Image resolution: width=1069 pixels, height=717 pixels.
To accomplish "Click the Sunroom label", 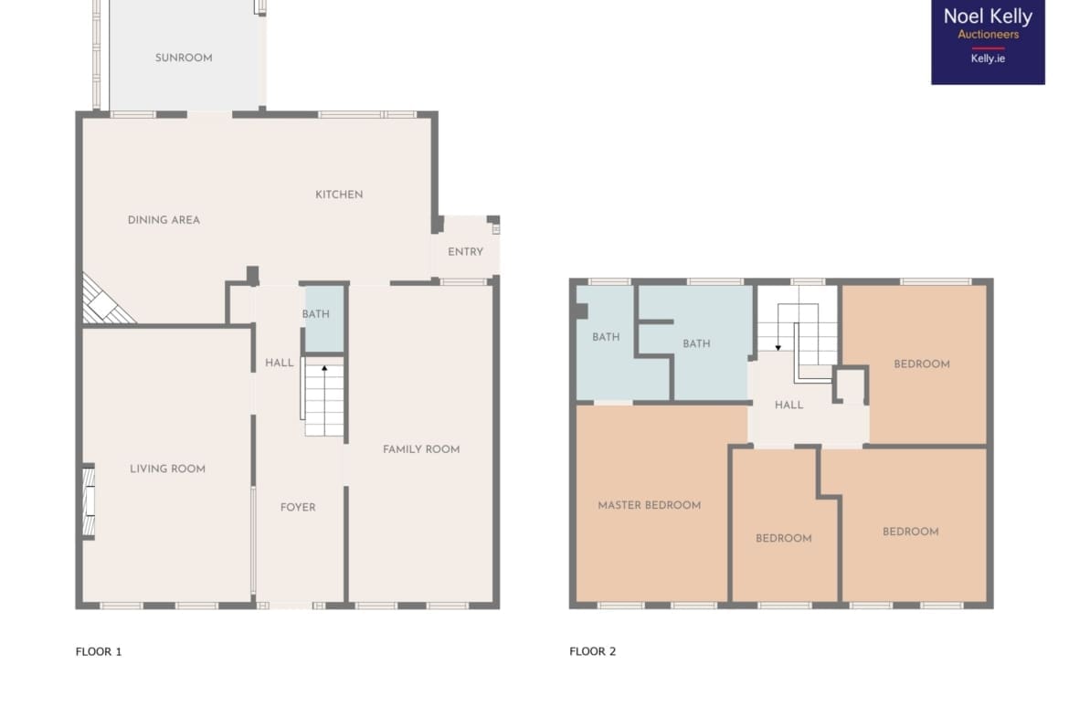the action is pyautogui.click(x=184, y=58).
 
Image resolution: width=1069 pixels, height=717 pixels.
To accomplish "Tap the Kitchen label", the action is pyautogui.click(x=339, y=195).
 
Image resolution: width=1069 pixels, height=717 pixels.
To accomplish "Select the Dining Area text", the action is pyautogui.click(x=164, y=220).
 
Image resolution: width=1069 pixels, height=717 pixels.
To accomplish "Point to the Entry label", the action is pyautogui.click(x=466, y=252).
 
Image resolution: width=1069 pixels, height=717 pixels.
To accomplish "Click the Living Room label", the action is pyautogui.click(x=168, y=469).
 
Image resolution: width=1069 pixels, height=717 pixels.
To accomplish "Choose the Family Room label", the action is pyautogui.click(x=421, y=449).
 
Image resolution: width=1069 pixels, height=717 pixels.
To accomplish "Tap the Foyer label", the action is pyautogui.click(x=298, y=508).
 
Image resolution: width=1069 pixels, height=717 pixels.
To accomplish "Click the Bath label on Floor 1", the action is pyautogui.click(x=315, y=314).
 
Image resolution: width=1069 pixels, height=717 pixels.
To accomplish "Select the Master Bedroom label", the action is pyautogui.click(x=649, y=506).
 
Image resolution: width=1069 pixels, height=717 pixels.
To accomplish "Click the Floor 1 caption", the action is pyautogui.click(x=99, y=651).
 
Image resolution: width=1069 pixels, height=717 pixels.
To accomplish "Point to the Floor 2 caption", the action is pyautogui.click(x=592, y=651).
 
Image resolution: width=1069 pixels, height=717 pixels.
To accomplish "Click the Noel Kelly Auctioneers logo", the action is pyautogui.click(x=988, y=42).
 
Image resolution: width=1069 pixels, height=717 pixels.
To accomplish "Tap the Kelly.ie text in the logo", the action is pyautogui.click(x=988, y=58).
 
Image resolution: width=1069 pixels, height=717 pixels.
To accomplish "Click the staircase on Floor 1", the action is pyautogui.click(x=323, y=396).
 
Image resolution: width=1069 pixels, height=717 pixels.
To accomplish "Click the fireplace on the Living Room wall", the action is pyautogui.click(x=88, y=501).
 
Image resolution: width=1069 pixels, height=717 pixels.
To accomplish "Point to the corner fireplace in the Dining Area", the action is pyautogui.click(x=103, y=302).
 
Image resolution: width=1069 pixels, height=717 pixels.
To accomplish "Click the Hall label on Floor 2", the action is pyautogui.click(x=789, y=406).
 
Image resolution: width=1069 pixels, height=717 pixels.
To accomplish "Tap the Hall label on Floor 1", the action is pyautogui.click(x=280, y=364).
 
